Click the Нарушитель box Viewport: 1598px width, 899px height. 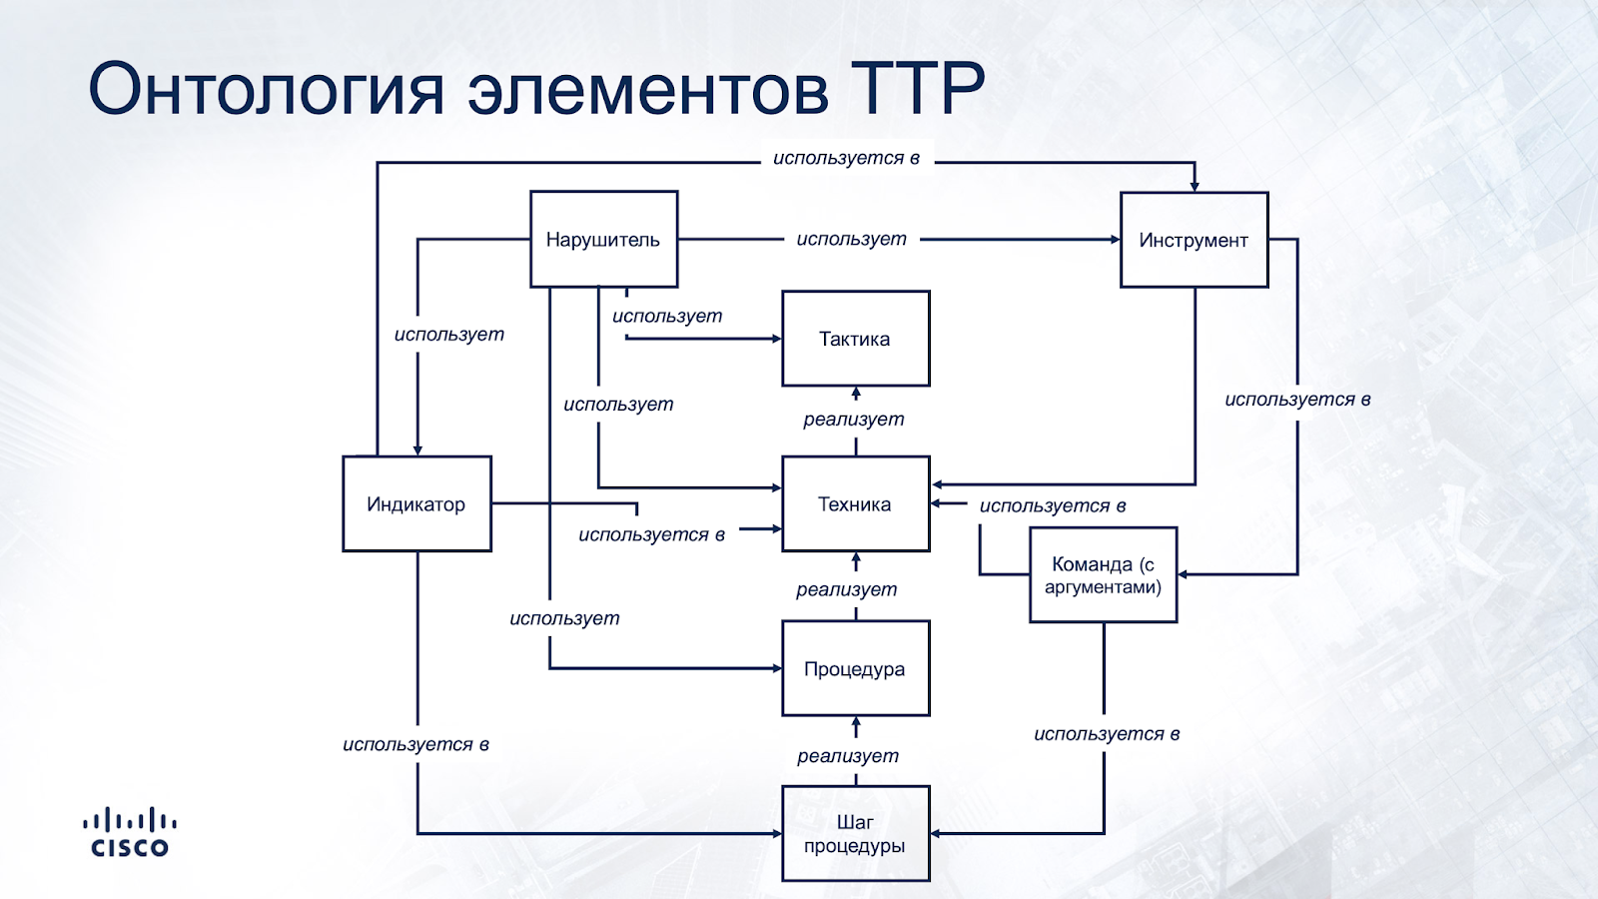(x=603, y=240)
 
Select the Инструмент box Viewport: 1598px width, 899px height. (x=1194, y=240)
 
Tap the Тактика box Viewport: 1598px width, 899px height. (x=855, y=339)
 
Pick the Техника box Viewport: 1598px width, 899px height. (x=855, y=504)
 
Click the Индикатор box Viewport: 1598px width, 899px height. (x=416, y=504)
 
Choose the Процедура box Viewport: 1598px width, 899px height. (x=855, y=668)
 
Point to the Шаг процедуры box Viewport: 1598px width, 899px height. (x=855, y=833)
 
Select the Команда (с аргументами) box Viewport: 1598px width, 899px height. (x=1103, y=575)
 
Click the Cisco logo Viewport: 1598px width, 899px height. (x=130, y=833)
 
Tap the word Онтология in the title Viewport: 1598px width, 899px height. (x=266, y=89)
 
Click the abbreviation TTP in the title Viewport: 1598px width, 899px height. (x=917, y=89)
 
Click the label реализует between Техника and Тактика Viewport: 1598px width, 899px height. (x=854, y=420)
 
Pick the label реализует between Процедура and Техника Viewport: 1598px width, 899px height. (x=847, y=589)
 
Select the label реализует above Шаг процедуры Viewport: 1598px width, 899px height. (x=848, y=756)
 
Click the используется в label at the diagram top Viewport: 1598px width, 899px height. (x=847, y=158)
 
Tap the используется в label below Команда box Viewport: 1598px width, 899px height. (x=1107, y=734)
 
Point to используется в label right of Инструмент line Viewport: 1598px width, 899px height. (x=1297, y=400)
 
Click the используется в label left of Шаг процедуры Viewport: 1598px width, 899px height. (x=415, y=744)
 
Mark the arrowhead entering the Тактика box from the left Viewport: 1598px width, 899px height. (x=776, y=339)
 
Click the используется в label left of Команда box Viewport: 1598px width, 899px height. (x=1053, y=505)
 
